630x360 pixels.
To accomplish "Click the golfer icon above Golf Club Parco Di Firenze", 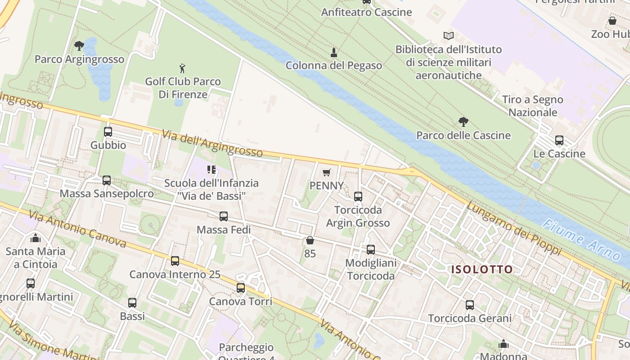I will click(x=182, y=68).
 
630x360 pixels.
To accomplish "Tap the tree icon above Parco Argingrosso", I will click(x=79, y=45).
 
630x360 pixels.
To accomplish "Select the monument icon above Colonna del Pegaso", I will click(x=334, y=53).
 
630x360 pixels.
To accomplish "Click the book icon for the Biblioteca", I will click(x=448, y=36).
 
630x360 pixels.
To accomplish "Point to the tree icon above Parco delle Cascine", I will click(x=463, y=121).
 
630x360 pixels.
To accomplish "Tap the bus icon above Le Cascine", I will click(x=559, y=140).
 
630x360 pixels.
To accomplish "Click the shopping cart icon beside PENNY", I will click(x=327, y=172).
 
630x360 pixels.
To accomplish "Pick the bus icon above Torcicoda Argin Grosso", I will click(x=358, y=197).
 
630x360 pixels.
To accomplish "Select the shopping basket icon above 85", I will click(x=310, y=240).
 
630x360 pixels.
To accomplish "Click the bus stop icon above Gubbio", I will click(x=108, y=132).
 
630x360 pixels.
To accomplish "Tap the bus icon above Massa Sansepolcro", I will click(x=107, y=180).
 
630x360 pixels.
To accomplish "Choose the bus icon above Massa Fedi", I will click(x=224, y=216).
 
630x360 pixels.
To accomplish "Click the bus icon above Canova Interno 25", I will click(x=175, y=261).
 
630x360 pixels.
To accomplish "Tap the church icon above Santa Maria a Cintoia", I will click(x=36, y=238).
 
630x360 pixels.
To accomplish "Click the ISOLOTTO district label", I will click(x=482, y=270).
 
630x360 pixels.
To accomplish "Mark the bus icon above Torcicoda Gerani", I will click(x=470, y=305).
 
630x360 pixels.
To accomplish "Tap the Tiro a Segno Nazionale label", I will click(x=533, y=106).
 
